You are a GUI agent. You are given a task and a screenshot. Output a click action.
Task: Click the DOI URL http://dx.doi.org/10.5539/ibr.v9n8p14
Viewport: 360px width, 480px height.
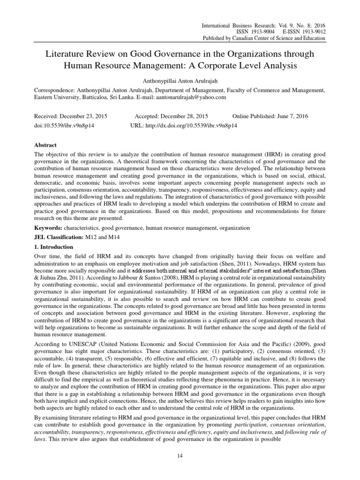(x=183, y=126)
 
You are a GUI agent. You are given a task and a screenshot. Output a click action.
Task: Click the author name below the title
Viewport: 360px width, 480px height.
(x=180, y=80)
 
